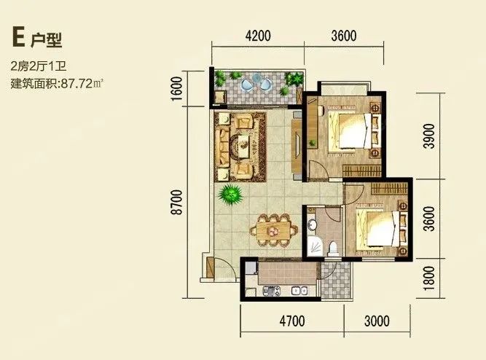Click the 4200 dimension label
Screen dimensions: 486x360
coord(258,36)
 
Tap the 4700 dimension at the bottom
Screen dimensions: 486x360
coord(292,321)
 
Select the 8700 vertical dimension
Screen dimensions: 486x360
coord(177,202)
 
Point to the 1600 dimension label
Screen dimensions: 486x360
coord(176,89)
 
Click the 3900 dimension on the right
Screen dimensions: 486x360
coord(430,136)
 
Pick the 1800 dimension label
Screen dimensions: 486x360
coord(429,278)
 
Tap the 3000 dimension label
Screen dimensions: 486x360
coord(377,321)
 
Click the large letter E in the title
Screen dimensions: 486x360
coord(18,36)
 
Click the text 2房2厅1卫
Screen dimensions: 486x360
coord(39,66)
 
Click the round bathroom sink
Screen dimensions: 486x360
coord(312,224)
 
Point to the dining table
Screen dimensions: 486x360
coord(274,230)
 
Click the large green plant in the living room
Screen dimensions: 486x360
coord(230,194)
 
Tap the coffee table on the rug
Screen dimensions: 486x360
coord(245,143)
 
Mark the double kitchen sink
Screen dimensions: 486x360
coord(299,291)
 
